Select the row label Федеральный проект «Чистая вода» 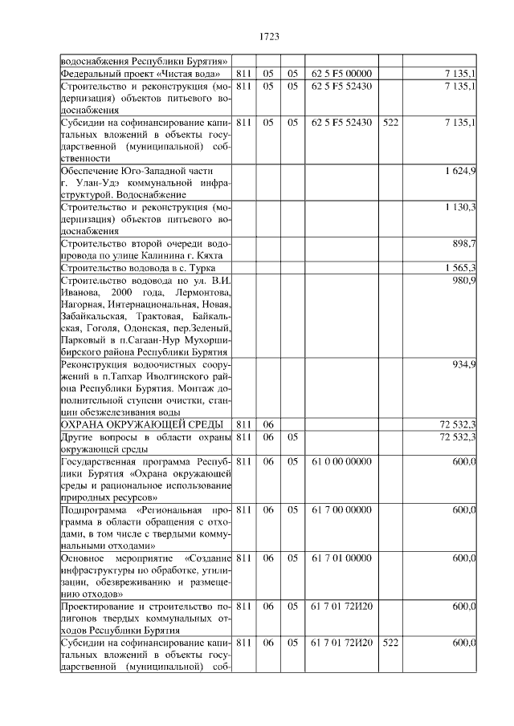(141, 74)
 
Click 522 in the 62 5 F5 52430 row (391, 123)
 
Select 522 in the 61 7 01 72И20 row (391, 643)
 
